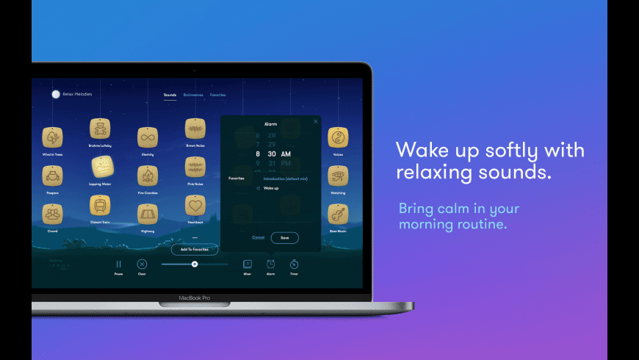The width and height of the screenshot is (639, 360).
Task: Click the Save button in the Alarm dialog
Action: tap(284, 237)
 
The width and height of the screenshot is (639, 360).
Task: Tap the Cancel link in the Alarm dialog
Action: tap(258, 237)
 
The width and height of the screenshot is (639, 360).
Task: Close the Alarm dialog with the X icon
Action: tap(316, 121)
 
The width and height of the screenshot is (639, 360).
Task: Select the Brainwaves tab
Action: tap(193, 95)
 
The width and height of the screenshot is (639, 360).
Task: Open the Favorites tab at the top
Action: tap(218, 95)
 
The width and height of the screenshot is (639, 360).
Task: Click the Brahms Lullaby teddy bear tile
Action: tap(100, 129)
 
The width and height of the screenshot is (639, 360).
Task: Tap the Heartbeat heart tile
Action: tap(195, 205)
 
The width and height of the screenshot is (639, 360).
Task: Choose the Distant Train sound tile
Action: tap(100, 205)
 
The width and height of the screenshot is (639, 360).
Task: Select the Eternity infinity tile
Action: tap(148, 137)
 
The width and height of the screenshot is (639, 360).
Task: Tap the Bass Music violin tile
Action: tap(338, 214)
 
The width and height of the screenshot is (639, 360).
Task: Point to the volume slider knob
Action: tap(195, 264)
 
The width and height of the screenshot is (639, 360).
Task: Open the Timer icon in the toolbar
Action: tap(294, 264)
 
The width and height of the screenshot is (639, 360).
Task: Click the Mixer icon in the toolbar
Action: tap(248, 264)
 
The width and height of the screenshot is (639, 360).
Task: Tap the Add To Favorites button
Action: tap(195, 249)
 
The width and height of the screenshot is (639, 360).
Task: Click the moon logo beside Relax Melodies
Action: tap(55, 94)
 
